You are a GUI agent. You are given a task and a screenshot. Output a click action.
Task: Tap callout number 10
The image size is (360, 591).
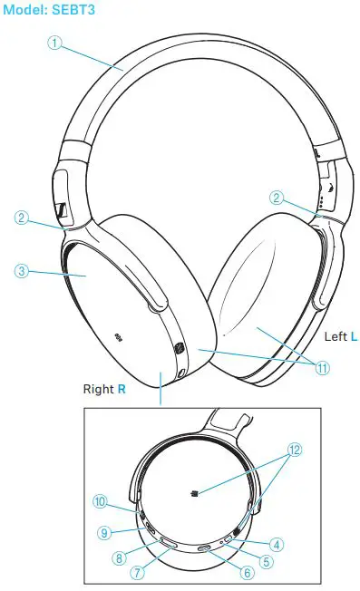(x=99, y=500)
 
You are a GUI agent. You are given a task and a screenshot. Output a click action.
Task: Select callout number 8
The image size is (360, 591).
(x=118, y=559)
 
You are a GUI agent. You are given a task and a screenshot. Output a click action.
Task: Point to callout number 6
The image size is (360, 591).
(x=247, y=571)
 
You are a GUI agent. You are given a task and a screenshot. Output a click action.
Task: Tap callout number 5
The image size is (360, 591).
(x=267, y=561)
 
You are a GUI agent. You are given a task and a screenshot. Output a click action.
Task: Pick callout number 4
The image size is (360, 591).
(x=277, y=545)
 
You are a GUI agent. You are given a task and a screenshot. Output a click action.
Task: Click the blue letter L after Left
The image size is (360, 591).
(x=354, y=335)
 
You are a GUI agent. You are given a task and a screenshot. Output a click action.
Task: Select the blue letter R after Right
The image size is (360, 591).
(x=122, y=390)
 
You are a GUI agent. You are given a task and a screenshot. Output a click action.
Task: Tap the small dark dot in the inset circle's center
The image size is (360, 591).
(x=195, y=493)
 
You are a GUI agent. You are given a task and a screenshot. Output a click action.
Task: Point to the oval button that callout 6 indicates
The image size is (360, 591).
(x=206, y=548)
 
